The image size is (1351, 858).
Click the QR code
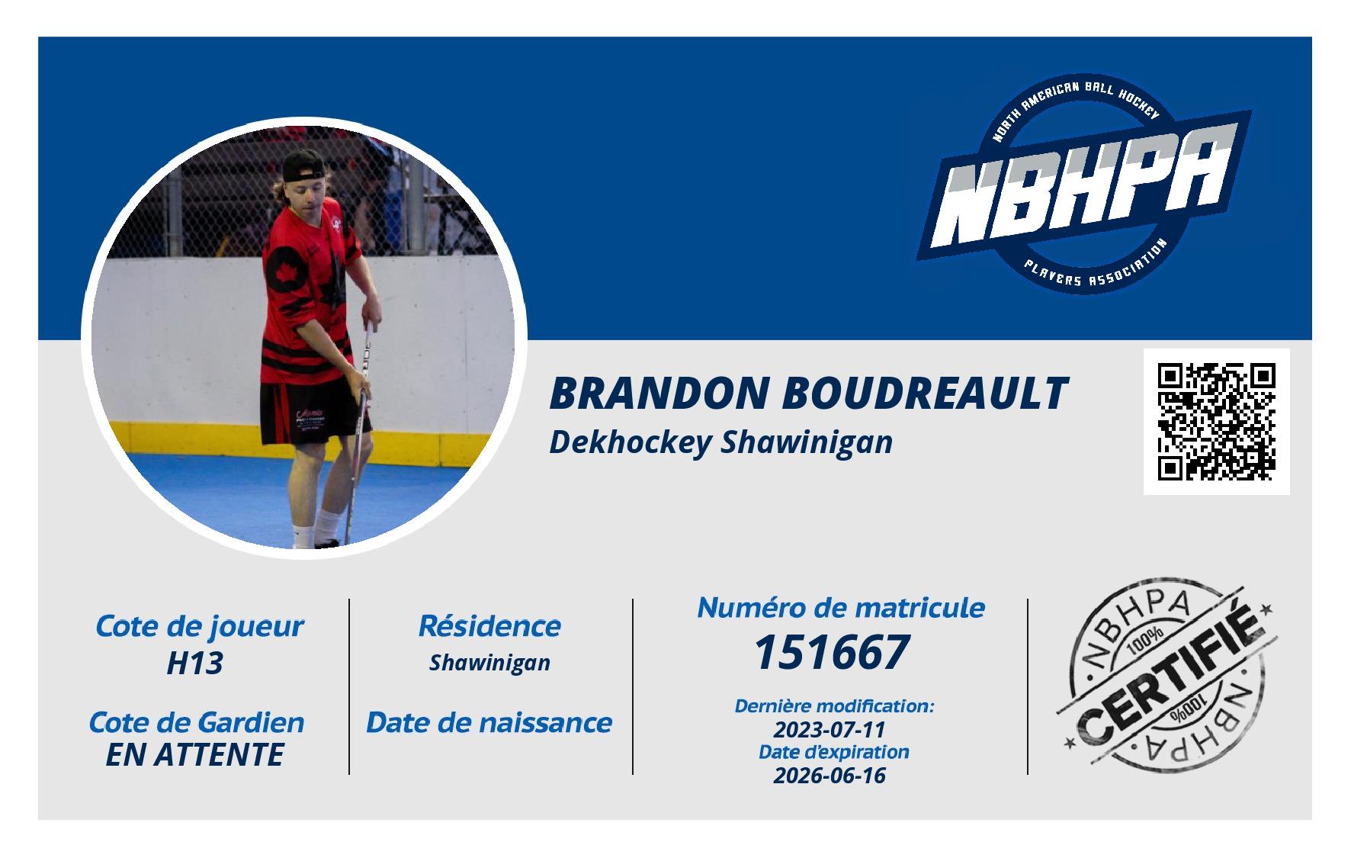1216,422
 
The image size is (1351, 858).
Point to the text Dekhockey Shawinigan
720,442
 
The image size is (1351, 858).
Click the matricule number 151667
832,652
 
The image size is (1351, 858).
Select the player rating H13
195,664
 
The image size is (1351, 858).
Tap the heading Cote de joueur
199,626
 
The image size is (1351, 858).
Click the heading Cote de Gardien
197,722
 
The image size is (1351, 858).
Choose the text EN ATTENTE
195,755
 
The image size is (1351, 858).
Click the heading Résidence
489,626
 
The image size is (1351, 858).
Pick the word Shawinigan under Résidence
489,664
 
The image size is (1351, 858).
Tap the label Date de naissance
489,722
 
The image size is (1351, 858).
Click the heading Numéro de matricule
841,607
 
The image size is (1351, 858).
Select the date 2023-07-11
830,729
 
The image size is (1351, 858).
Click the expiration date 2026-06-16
830,776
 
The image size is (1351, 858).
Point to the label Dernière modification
834,706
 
